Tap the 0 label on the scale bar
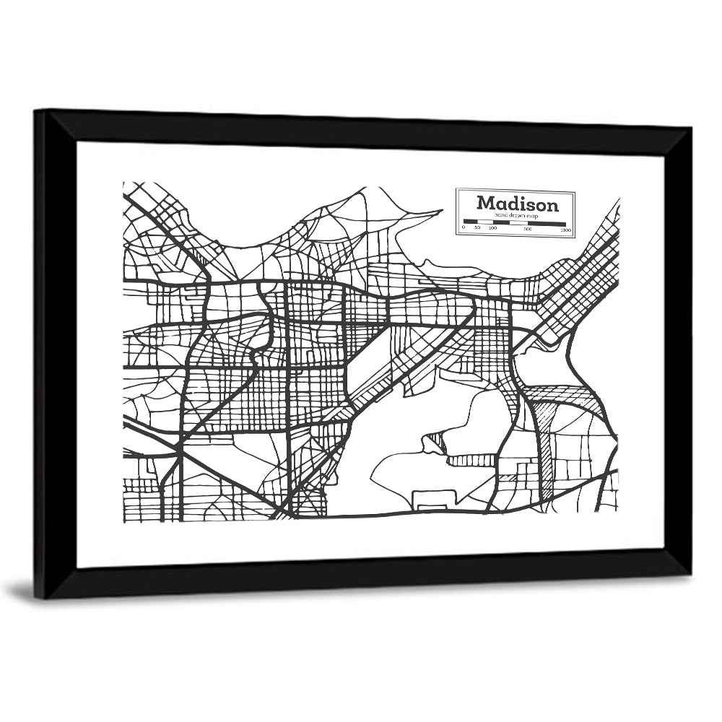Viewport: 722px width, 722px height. point(464,228)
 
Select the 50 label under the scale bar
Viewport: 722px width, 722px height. point(477,228)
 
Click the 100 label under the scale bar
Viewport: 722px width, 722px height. point(492,228)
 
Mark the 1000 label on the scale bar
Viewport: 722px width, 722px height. point(565,230)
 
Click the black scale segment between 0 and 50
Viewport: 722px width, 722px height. point(470,221)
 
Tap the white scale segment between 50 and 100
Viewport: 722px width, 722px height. point(484,221)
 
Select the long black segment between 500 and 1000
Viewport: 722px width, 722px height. point(548,222)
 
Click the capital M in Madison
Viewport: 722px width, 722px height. point(485,203)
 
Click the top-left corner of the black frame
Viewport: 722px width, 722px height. point(35,110)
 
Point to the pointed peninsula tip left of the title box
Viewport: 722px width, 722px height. point(440,212)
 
